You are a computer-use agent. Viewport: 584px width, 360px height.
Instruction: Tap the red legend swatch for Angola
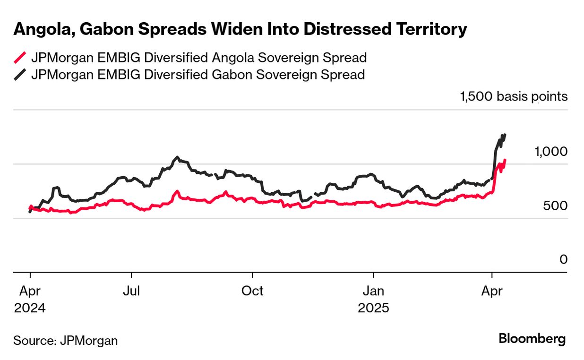(x=20, y=58)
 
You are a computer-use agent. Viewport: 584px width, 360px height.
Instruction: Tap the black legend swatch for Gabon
(x=20, y=75)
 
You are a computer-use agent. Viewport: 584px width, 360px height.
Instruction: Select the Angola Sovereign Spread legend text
(x=198, y=58)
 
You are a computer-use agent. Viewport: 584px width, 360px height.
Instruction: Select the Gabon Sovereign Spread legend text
(x=198, y=75)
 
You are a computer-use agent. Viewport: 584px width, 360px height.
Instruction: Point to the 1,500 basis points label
(x=514, y=97)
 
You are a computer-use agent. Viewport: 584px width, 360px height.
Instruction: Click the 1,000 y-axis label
(x=550, y=152)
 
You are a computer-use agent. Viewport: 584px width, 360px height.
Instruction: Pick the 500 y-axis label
(x=556, y=206)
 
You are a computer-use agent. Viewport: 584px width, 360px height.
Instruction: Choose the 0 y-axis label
(x=563, y=259)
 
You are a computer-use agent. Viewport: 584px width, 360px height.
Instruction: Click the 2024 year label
(x=30, y=308)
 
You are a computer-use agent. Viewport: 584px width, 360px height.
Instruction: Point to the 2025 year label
(x=373, y=308)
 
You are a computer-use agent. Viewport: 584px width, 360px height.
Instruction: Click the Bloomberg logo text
(x=532, y=339)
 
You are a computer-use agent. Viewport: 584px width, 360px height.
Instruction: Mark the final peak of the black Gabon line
(x=505, y=135)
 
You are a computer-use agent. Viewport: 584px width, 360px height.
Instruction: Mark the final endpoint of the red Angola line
(x=505, y=160)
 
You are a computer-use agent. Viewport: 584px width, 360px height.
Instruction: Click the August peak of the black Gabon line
(x=177, y=157)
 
